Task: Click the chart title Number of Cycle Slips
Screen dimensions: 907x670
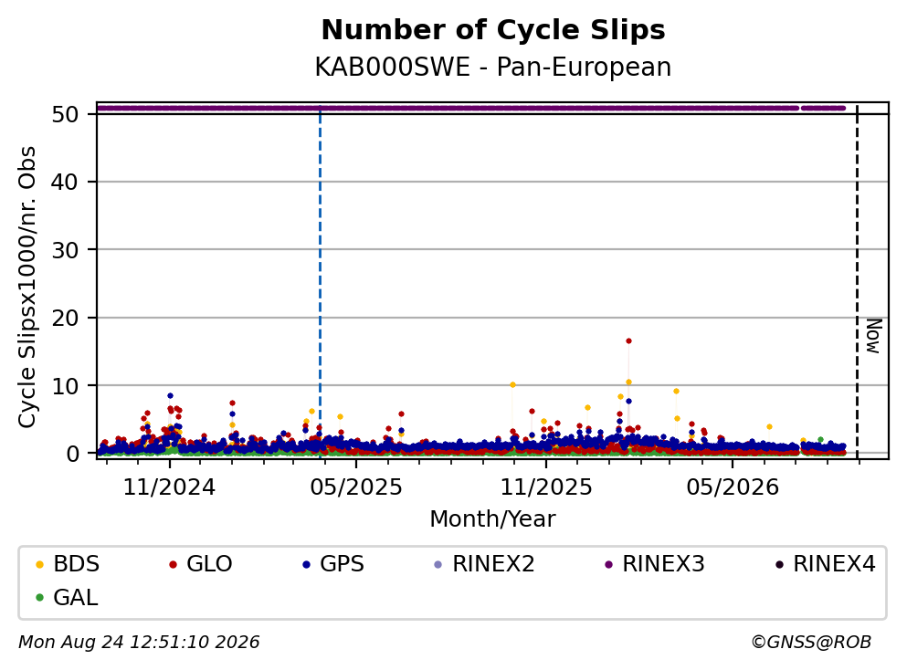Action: (493, 30)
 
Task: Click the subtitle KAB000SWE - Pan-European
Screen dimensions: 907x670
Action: (493, 67)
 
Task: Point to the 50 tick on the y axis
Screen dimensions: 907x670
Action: (65, 114)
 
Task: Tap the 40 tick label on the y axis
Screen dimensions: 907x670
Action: (65, 182)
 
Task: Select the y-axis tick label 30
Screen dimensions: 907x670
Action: (65, 250)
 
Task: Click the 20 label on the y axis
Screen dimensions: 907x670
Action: (65, 318)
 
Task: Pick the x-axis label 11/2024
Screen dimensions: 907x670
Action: (169, 487)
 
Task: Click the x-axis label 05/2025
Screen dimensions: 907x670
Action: (355, 487)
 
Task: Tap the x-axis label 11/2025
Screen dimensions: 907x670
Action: (546, 487)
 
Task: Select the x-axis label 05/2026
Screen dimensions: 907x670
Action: (733, 487)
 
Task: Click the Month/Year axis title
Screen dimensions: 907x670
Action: (492, 519)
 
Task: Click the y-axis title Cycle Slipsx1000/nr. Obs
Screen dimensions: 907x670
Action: (26, 287)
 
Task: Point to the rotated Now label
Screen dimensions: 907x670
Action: (873, 336)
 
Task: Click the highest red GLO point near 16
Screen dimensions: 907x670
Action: (628, 341)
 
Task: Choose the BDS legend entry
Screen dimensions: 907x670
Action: (67, 563)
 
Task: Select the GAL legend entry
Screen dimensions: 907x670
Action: (67, 597)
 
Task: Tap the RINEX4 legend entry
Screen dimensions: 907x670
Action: (826, 563)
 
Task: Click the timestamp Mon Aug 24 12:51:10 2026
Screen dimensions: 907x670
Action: (140, 642)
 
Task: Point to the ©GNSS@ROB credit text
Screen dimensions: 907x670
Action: (811, 642)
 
